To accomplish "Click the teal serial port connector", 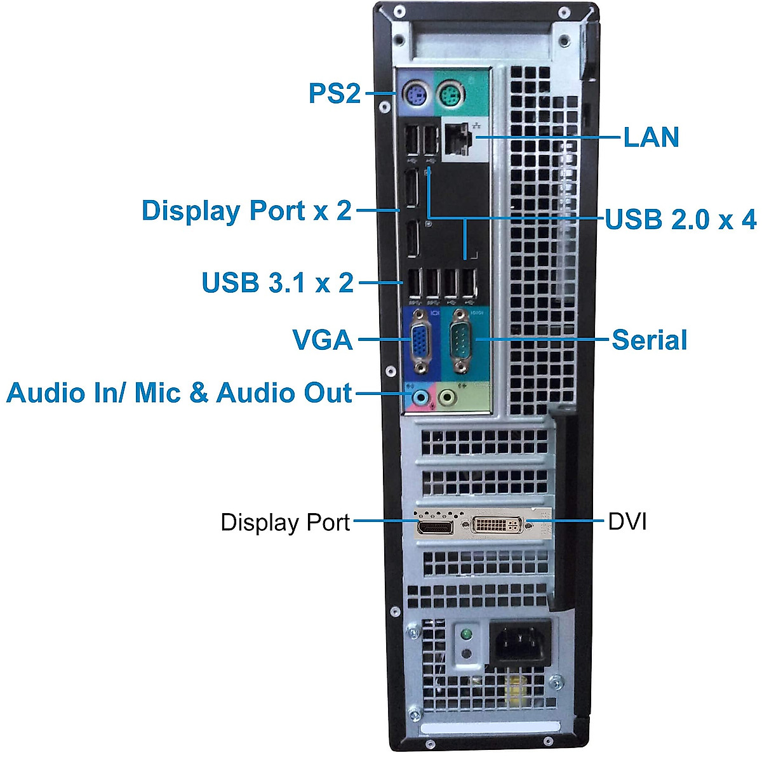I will point(460,341).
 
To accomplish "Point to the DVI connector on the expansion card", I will point(498,525).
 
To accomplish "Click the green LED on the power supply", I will point(467,634).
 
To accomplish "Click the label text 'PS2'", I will point(334,93).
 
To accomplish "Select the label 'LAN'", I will point(651,137).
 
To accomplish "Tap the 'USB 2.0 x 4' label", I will point(680,220).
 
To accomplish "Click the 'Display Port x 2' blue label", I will point(246,210).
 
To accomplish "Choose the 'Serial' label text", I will point(649,340).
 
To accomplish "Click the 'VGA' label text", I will point(323,340).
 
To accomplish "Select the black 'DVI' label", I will point(627,522).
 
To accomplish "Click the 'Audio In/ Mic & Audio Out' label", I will point(179,393).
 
